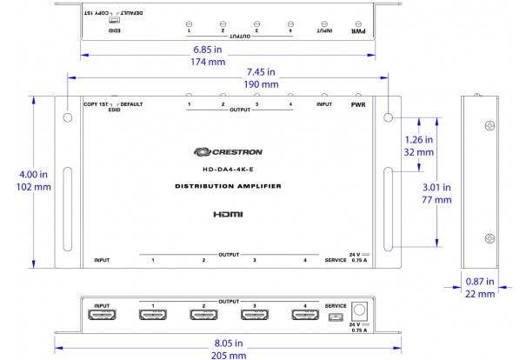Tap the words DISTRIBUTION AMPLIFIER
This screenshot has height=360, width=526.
228,187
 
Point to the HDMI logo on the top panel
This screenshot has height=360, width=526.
228,214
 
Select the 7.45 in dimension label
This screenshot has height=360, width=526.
260,71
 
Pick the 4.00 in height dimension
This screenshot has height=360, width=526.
18,176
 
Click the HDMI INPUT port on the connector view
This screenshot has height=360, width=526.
102,316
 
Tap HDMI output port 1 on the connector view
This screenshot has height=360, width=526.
153,316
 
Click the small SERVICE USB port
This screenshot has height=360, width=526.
335,317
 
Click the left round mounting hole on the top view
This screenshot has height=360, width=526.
66,116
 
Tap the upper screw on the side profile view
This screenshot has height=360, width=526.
489,125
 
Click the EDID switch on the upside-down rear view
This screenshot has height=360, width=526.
114,21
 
